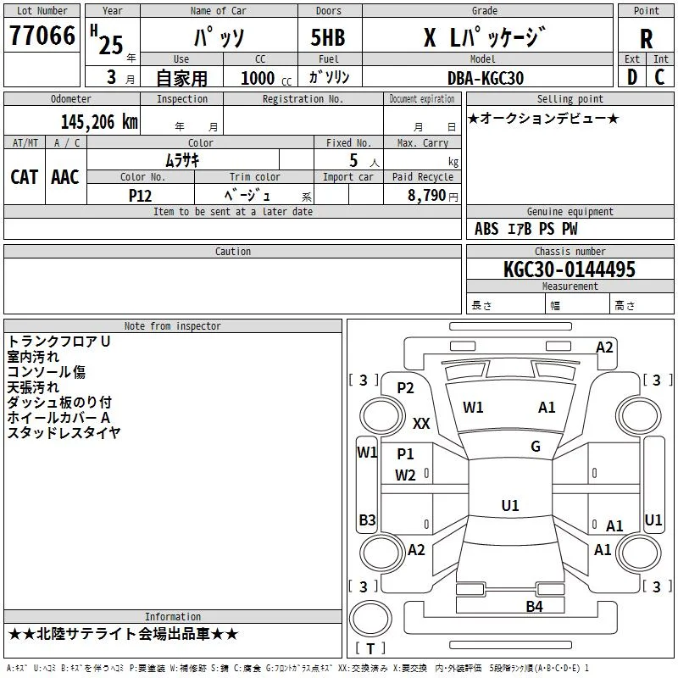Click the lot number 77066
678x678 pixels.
point(41,36)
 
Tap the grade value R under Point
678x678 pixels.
point(646,38)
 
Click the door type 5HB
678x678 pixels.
point(328,37)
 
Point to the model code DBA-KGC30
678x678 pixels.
point(486,78)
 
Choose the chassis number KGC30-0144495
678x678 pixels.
point(570,270)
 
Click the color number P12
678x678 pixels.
point(141,194)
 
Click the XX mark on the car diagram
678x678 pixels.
point(421,423)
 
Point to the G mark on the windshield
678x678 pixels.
point(535,447)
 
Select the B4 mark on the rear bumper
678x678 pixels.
point(533,606)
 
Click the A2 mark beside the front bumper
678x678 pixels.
point(604,347)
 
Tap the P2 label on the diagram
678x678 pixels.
point(406,387)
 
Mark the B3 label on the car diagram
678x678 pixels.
point(367,520)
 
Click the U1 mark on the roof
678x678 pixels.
point(510,505)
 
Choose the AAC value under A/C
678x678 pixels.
point(65,176)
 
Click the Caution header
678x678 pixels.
point(233,252)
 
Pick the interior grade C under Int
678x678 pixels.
point(660,76)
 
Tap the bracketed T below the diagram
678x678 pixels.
point(370,649)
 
